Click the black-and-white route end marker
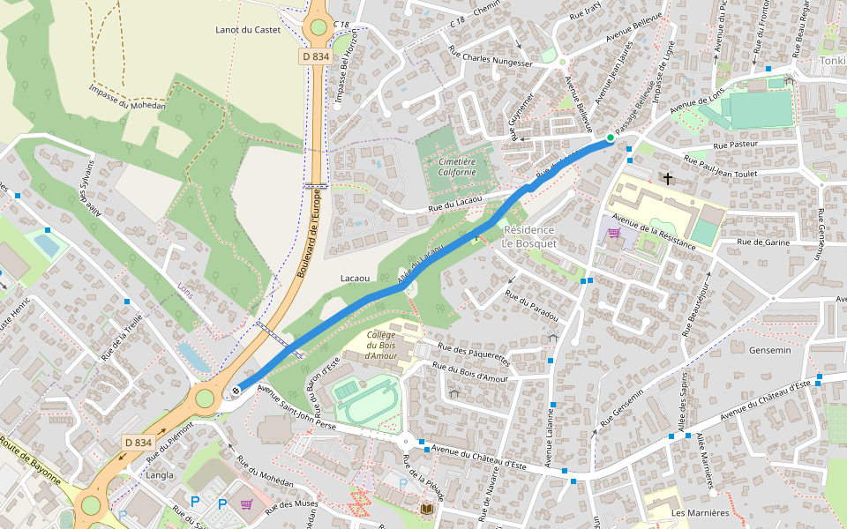(236, 391)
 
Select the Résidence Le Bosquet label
(529, 236)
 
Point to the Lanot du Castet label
(248, 30)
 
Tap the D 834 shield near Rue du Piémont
(139, 442)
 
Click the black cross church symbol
(668, 179)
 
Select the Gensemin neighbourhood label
(770, 350)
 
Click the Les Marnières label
(701, 512)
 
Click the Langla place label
(160, 474)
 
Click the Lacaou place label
(355, 278)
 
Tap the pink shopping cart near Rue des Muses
(246, 503)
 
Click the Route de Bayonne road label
(31, 463)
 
